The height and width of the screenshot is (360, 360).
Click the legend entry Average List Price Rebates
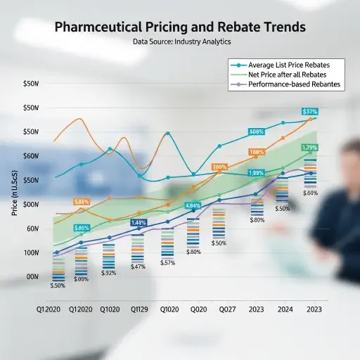pyautogui.click(x=288, y=65)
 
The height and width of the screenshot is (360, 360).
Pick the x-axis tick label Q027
pyautogui.click(x=227, y=308)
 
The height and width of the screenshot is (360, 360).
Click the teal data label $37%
pyautogui.click(x=310, y=112)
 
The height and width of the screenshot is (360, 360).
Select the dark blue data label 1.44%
pyautogui.click(x=139, y=222)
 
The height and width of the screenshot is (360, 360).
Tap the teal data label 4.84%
pyautogui.click(x=193, y=205)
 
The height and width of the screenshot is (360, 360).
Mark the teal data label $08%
pyautogui.click(x=257, y=131)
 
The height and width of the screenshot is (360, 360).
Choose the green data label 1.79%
pyautogui.click(x=309, y=148)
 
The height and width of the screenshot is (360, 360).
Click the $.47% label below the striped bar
pyautogui.click(x=139, y=266)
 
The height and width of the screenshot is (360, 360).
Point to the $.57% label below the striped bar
pyautogui.click(x=167, y=262)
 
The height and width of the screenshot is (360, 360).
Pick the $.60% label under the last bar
pyautogui.click(x=310, y=193)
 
